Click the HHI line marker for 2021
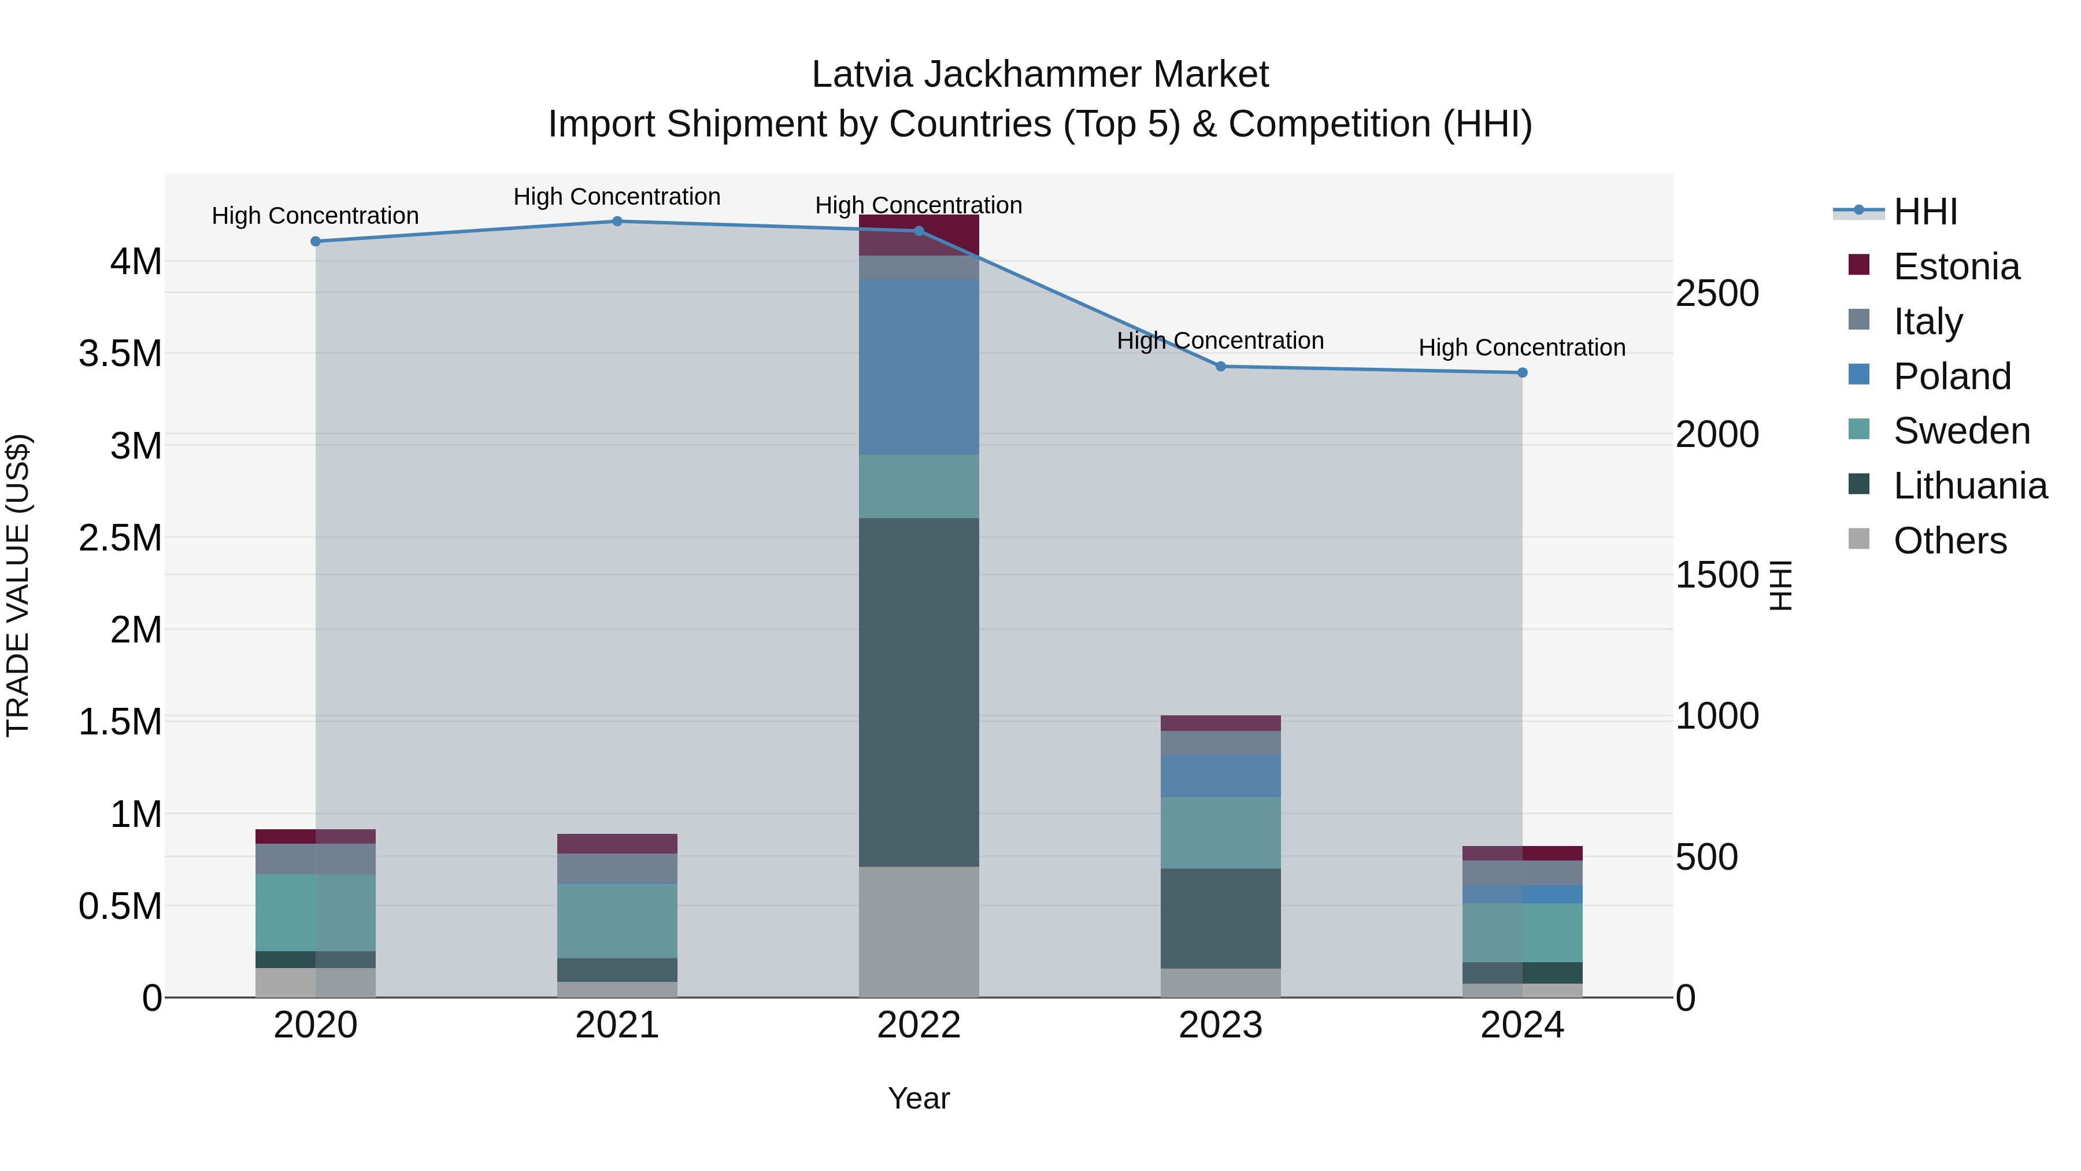coord(617,221)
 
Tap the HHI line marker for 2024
coord(1522,372)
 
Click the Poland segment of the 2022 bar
coord(919,367)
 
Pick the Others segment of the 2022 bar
coord(919,932)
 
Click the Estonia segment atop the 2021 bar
coord(617,844)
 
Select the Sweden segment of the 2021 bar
coord(617,921)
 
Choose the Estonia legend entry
coord(1956,267)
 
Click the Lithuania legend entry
coord(1969,486)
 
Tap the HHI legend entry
coord(1925,212)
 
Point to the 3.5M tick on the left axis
coord(120,354)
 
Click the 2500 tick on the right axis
coord(1717,293)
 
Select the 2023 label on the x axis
coord(1221,1025)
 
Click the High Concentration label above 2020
coord(315,216)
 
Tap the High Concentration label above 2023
coord(1220,340)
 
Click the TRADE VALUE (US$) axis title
coord(18,585)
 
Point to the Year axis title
coord(919,1098)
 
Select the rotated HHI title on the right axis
coord(1780,585)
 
